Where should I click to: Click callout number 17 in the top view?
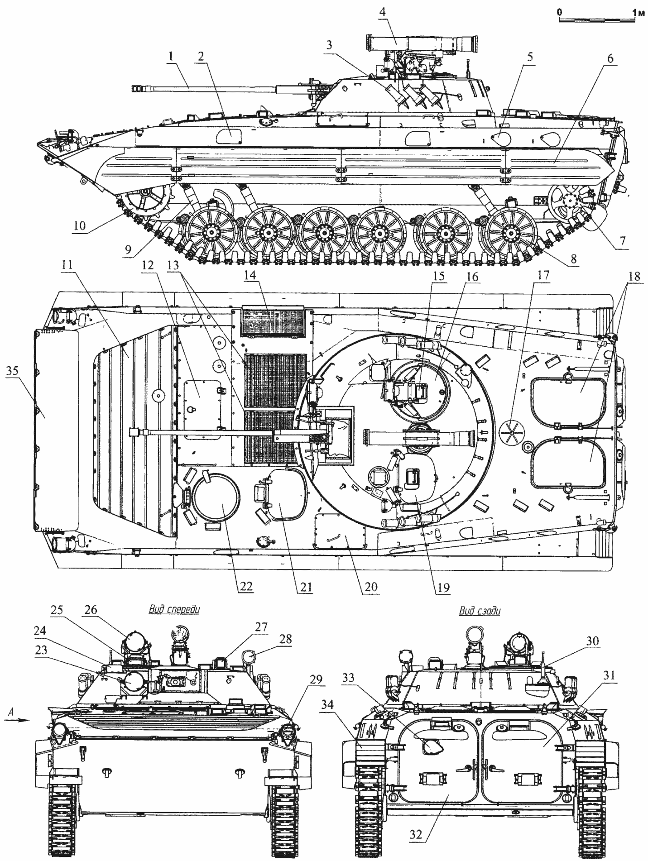point(543,275)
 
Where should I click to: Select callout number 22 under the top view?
point(245,587)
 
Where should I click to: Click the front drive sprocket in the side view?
point(143,199)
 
